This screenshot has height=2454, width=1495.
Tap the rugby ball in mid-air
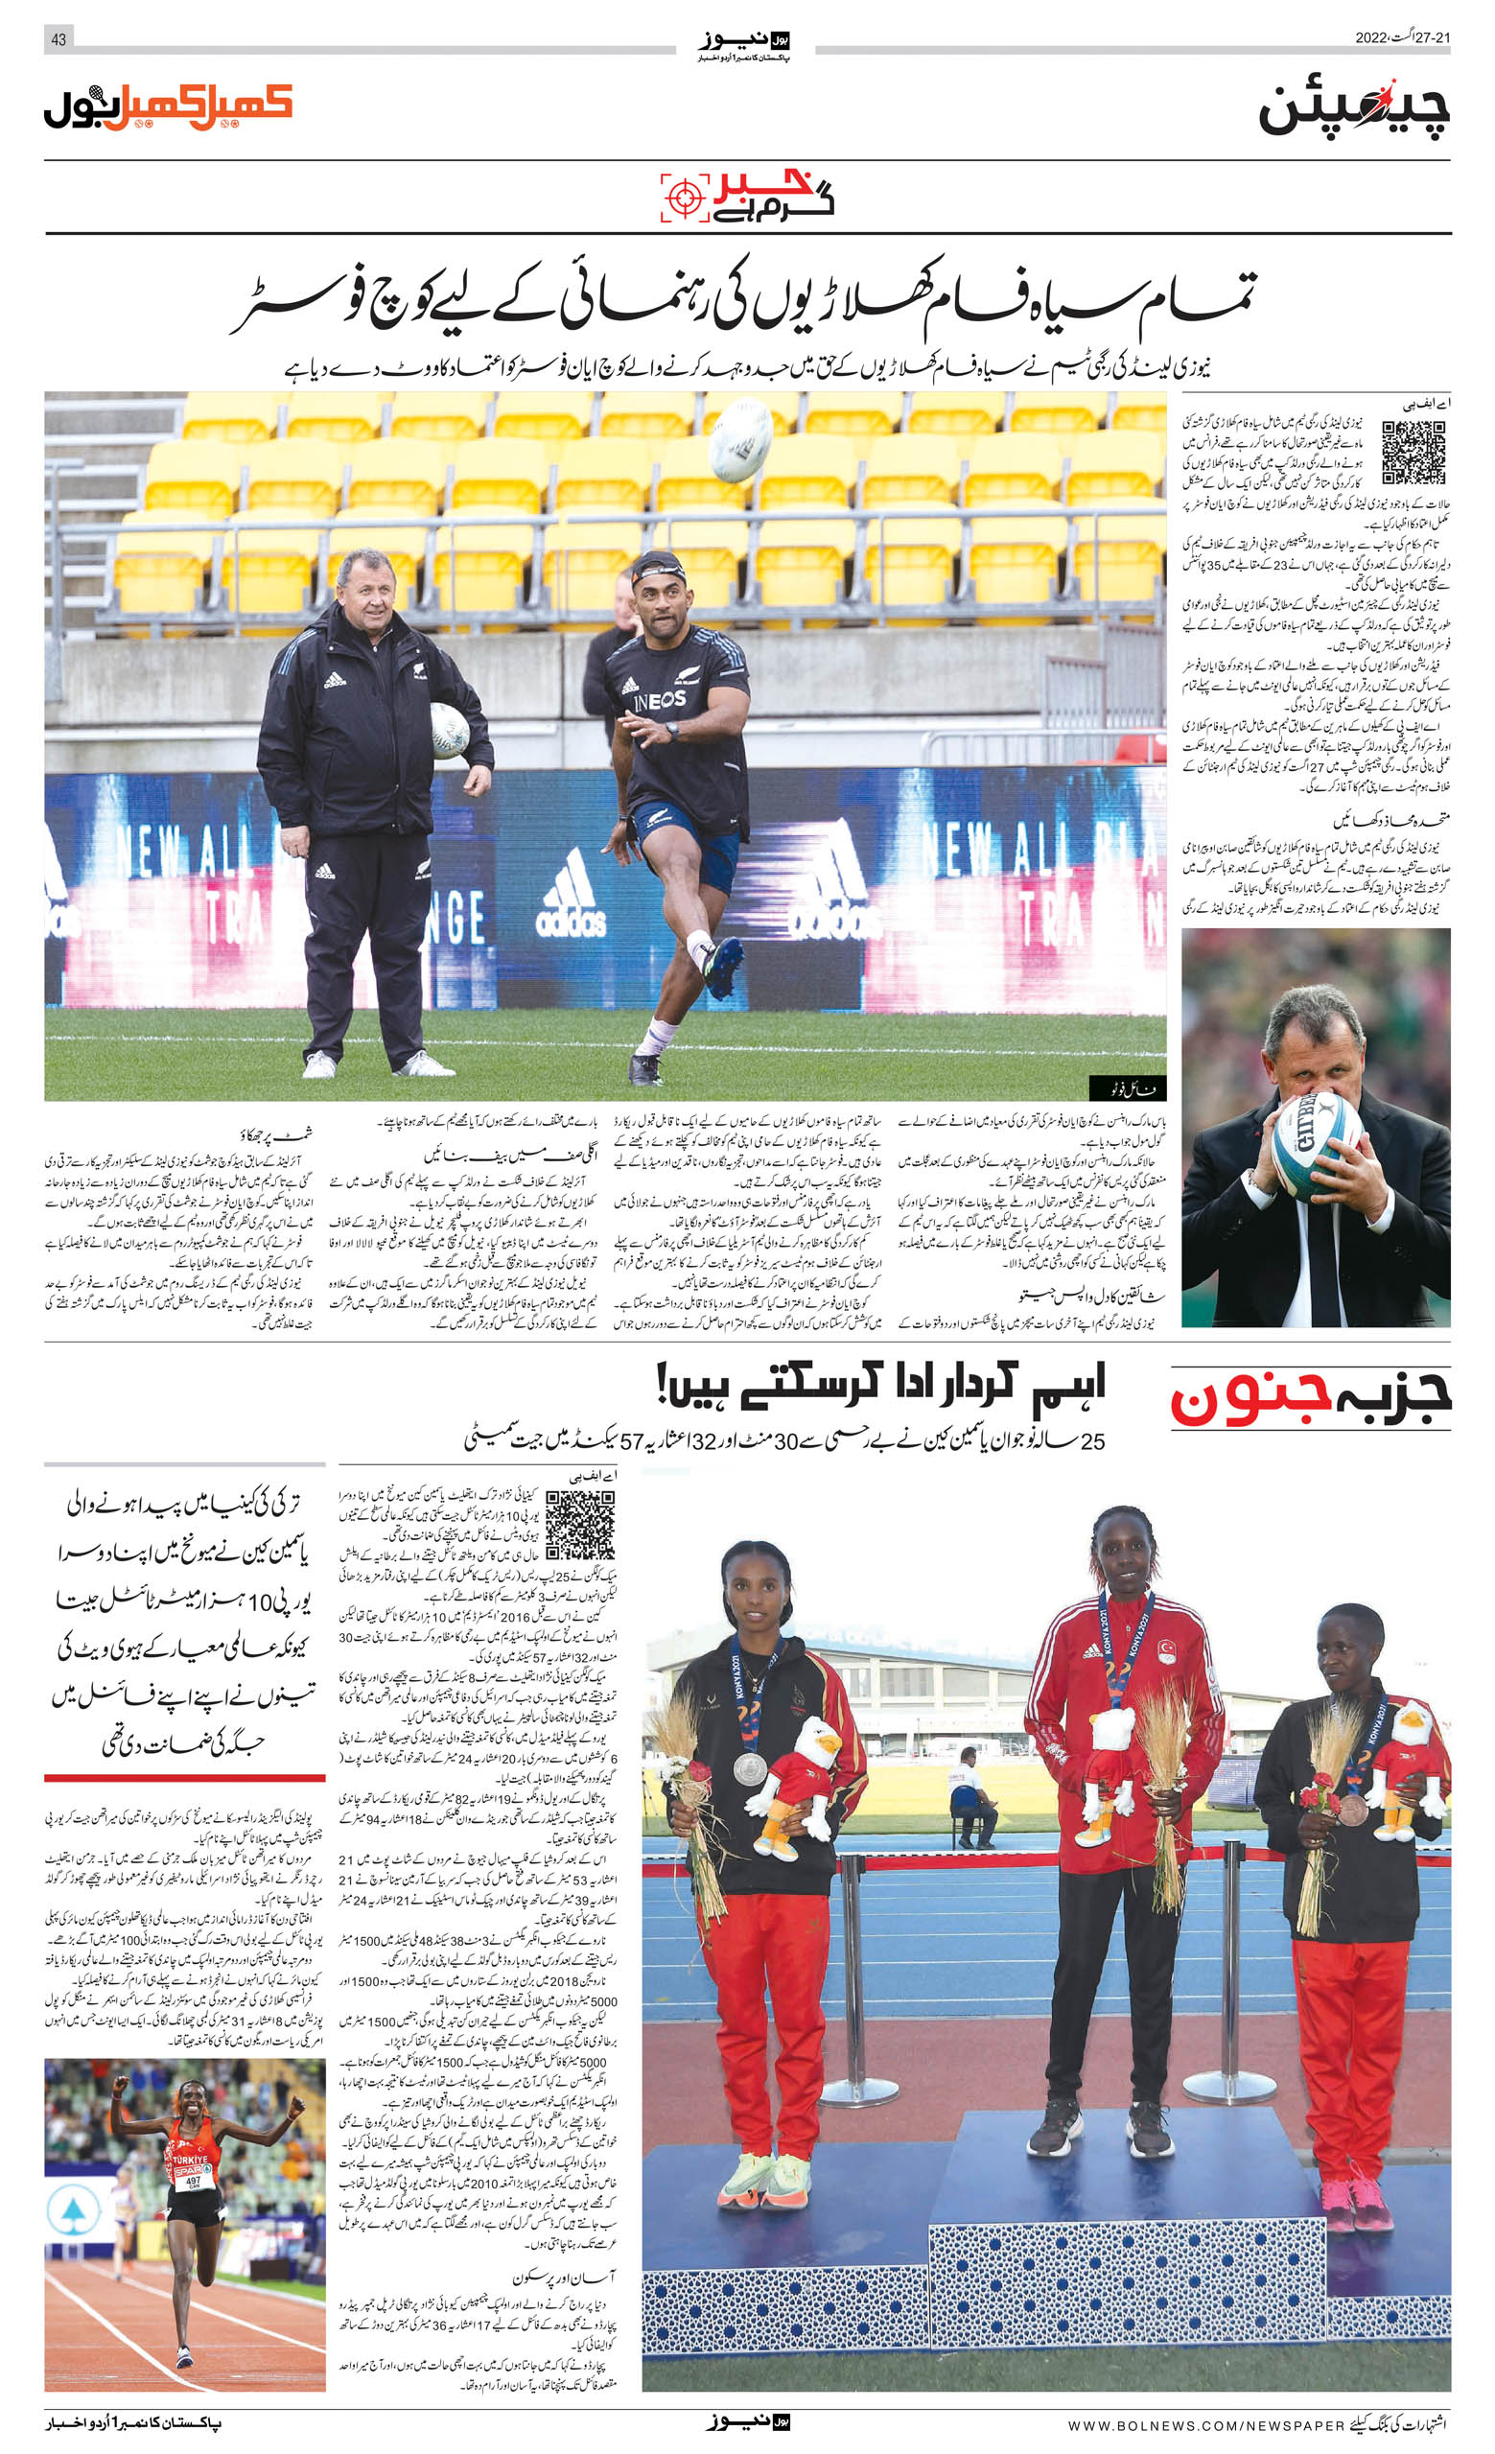pyautogui.click(x=741, y=440)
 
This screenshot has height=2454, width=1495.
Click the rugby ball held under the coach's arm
pyautogui.click(x=450, y=731)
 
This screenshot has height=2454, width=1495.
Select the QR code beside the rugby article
pyautogui.click(x=1413, y=454)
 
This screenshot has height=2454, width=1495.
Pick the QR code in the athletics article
pyautogui.click(x=579, y=1525)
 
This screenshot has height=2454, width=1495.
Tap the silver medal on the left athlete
pyautogui.click(x=750, y=1770)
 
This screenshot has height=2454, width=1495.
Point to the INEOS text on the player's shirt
pyautogui.click(x=660, y=700)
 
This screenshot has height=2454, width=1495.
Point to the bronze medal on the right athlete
pyautogui.click(x=1349, y=1810)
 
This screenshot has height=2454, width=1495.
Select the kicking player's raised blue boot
pyautogui.click(x=723, y=967)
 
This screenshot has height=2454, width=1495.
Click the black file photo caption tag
pyautogui.click(x=1126, y=1087)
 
